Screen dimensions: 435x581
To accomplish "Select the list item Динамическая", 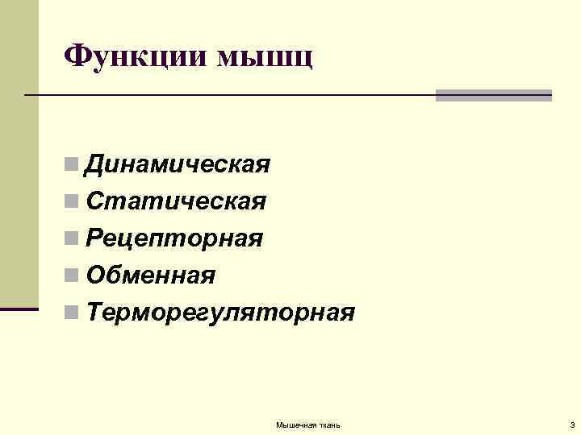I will [178, 165].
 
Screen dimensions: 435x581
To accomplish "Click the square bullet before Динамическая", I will [73, 166].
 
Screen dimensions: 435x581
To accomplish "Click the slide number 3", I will [571, 425].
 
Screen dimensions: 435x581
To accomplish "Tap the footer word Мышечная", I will [295, 425].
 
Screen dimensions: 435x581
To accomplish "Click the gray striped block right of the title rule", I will [493, 95].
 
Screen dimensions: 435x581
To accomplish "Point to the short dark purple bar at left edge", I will [19, 309].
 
